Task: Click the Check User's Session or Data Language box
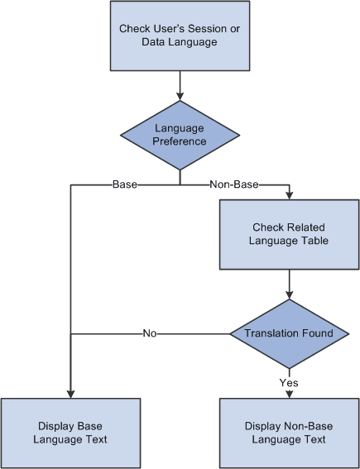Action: click(x=180, y=36)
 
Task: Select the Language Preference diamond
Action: click(x=180, y=135)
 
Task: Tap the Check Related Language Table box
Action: click(x=289, y=234)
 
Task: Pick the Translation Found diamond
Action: click(x=289, y=333)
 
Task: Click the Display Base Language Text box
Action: click(x=70, y=433)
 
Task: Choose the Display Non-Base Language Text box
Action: click(x=289, y=433)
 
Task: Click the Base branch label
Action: click(x=124, y=184)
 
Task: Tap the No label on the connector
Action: click(x=149, y=333)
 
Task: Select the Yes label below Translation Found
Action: click(x=289, y=382)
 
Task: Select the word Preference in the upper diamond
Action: click(x=180, y=141)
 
